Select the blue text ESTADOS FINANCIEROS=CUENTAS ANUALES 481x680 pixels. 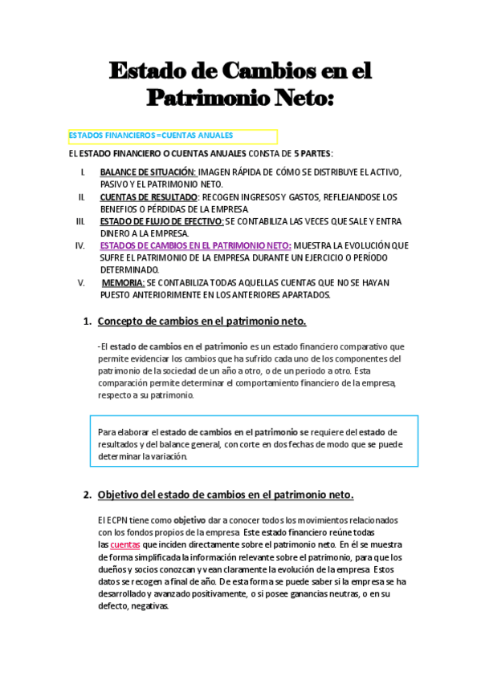pos(151,136)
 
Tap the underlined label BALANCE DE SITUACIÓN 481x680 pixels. pos(148,172)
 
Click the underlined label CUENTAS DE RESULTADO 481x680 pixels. pos(149,196)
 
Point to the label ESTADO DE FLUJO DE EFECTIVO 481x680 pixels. pos(161,221)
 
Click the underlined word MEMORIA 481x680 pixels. pos(123,282)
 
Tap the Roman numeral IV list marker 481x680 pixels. pos(80,245)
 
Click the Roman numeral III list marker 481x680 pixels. pos(80,221)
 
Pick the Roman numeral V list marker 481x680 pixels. pos(81,282)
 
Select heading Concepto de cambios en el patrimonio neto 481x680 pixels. pos(202,322)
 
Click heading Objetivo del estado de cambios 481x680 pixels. pos(226,494)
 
